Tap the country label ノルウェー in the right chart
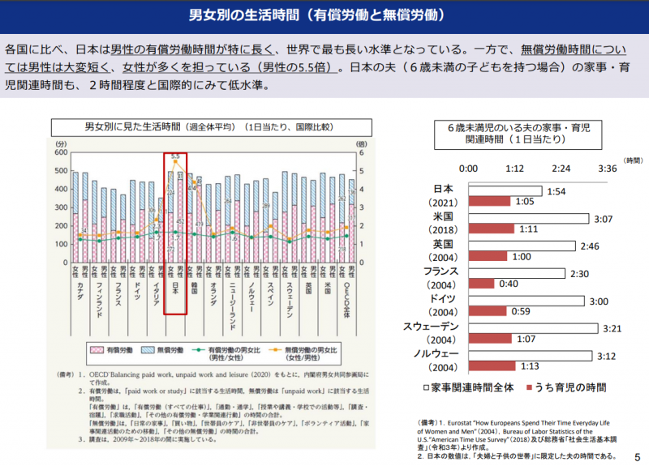pyautogui.click(x=436, y=354)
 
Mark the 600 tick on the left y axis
pyautogui.click(x=62, y=153)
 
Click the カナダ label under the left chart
pyautogui.click(x=80, y=291)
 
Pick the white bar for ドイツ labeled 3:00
pyautogui.click(x=526, y=301)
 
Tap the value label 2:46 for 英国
pyautogui.click(x=589, y=246)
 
